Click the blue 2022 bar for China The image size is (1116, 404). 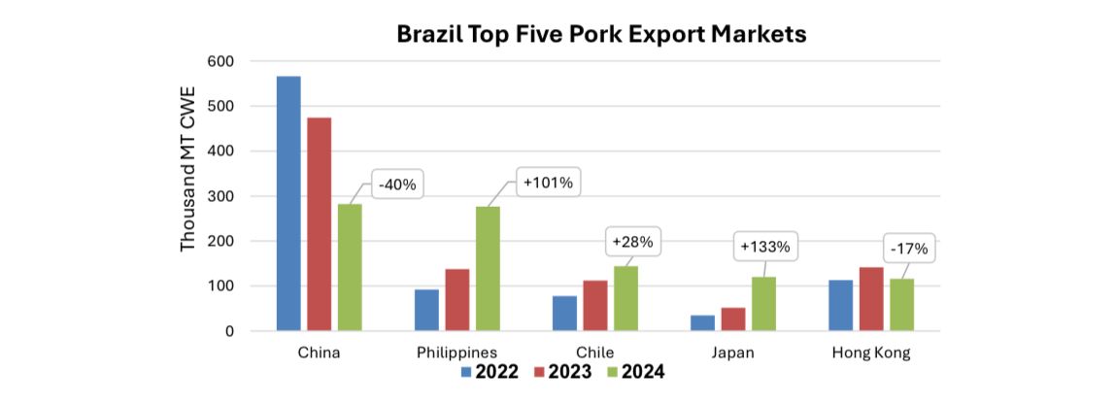[x=288, y=204]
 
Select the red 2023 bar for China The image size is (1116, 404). [x=319, y=224]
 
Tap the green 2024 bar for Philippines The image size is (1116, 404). [x=487, y=269]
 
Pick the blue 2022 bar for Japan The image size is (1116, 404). [x=702, y=323]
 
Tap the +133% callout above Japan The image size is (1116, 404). [x=765, y=247]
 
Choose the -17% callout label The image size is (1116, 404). [x=908, y=249]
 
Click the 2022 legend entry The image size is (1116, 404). [x=489, y=371]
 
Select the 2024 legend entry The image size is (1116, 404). [x=633, y=371]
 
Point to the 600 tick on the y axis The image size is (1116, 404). [x=220, y=61]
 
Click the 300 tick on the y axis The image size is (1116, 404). [x=220, y=196]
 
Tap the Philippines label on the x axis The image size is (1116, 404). [x=457, y=353]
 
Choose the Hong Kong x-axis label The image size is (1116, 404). [x=871, y=353]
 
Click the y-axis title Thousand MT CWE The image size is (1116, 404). [x=188, y=168]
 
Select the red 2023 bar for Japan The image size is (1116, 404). [x=732, y=320]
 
